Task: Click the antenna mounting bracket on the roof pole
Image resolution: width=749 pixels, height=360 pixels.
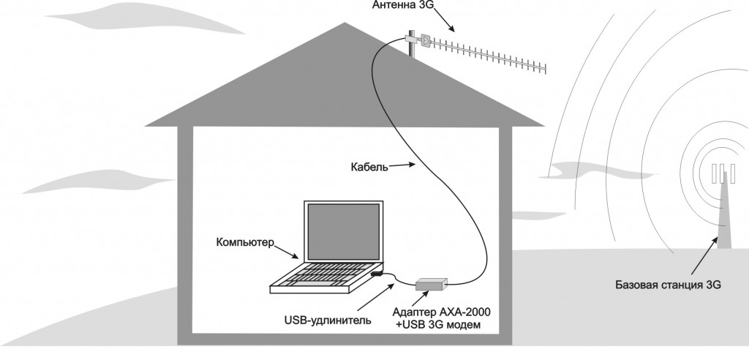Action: pos(424,40)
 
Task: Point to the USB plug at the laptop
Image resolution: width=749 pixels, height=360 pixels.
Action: pos(376,274)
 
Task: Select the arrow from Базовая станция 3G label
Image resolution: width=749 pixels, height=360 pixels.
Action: pos(700,256)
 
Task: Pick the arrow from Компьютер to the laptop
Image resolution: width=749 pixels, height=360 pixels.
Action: pos(287,252)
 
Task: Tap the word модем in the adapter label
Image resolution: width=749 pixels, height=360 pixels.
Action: pos(462,326)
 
